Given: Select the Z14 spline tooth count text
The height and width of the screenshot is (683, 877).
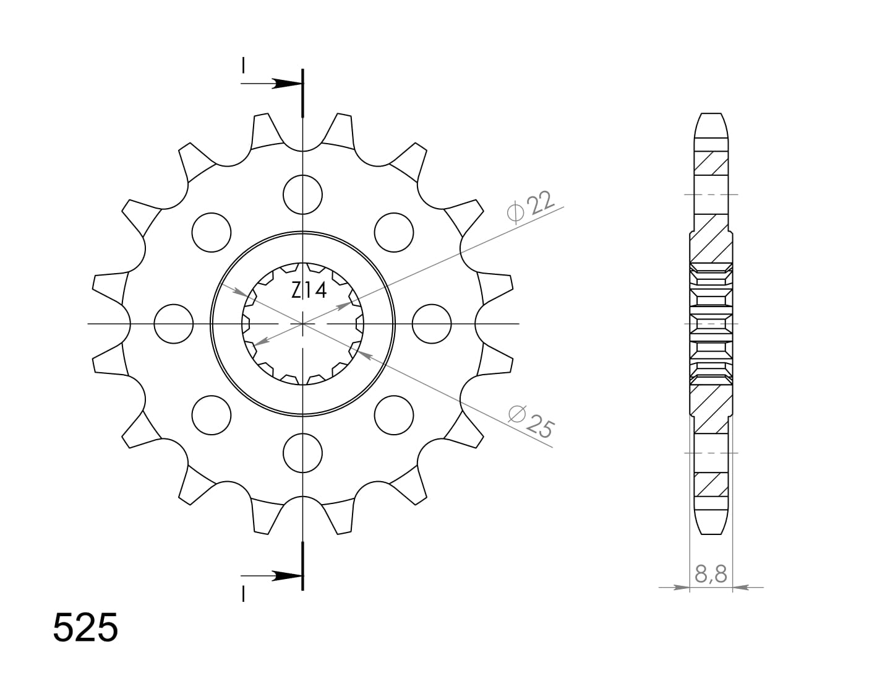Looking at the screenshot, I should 309,290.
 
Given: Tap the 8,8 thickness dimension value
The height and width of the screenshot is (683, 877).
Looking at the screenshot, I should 711,575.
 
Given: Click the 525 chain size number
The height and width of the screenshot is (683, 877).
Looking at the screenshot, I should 85,628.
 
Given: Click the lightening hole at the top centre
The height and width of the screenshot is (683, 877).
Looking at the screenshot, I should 303,194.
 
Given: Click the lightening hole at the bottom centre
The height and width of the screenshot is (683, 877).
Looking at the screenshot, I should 303,453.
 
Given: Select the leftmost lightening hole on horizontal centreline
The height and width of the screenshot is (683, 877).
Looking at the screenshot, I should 174,324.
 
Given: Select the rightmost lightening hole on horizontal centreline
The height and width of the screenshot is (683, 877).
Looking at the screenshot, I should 432,324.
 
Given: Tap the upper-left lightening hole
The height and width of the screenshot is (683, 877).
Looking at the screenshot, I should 212,233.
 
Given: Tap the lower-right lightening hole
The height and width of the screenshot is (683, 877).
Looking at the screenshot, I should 394,415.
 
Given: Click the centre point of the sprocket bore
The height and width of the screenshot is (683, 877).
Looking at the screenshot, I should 303,324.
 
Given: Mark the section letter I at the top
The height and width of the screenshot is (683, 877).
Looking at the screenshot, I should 244,65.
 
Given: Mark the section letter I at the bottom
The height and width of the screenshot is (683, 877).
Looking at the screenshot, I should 244,594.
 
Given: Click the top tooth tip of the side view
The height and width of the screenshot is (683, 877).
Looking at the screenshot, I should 711,115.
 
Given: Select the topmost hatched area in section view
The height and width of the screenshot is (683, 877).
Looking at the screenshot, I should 711,163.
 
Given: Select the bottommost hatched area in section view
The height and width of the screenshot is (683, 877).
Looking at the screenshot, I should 711,484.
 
